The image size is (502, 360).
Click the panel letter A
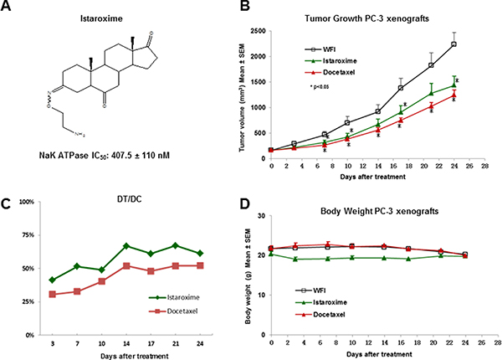click(9, 8)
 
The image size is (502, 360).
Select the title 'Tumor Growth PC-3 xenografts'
click(368, 18)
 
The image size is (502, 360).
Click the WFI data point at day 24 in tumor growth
click(453, 44)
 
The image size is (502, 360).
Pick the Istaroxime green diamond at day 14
click(125, 246)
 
